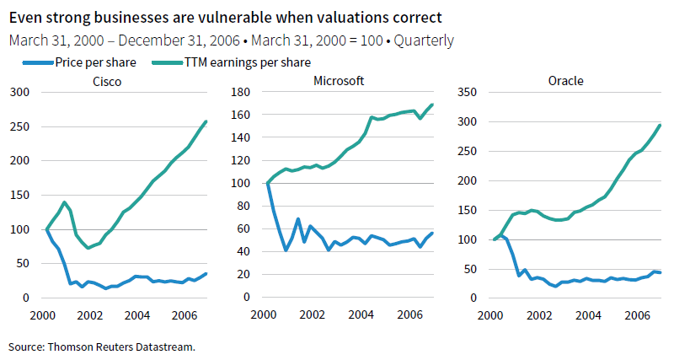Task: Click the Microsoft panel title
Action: [x=338, y=81]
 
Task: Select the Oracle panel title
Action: [x=565, y=81]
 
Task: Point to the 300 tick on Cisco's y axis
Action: [x=19, y=92]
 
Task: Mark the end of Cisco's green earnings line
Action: [x=206, y=121]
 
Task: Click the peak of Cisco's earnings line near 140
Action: [x=63, y=202]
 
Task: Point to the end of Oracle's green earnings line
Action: [x=659, y=126]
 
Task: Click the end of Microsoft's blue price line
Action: [x=432, y=234]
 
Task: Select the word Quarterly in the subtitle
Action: [x=425, y=40]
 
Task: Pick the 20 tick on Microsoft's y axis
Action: [x=247, y=275]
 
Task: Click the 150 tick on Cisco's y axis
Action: [x=19, y=195]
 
